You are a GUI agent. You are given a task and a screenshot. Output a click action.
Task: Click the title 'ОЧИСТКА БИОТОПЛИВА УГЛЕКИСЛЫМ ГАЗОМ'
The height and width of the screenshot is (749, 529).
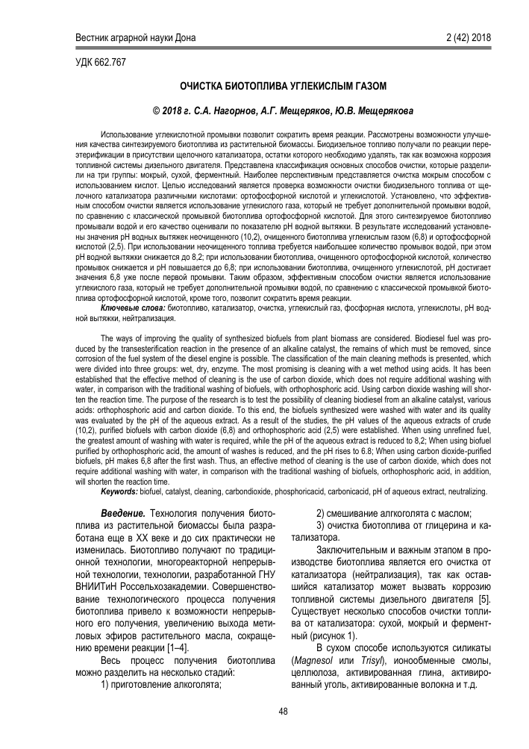point(264,86)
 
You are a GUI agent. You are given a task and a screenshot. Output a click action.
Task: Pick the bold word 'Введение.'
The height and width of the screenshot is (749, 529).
point(122,515)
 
